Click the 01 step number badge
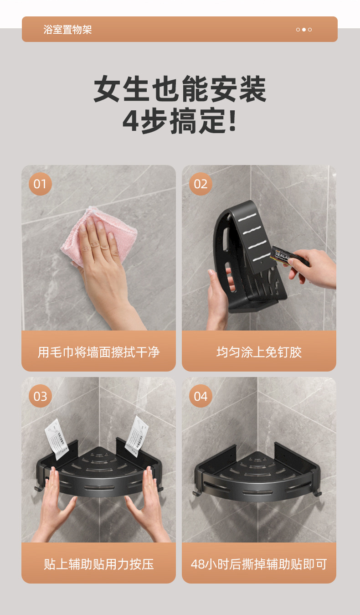click(x=40, y=184)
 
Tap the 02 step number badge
click(x=201, y=184)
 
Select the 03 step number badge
click(x=40, y=396)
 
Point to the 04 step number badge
click(x=201, y=396)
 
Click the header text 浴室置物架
click(x=68, y=30)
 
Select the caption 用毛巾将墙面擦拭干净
click(x=98, y=352)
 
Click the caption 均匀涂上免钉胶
click(x=259, y=352)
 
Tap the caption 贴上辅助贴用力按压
click(x=98, y=564)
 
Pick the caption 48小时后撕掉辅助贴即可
click(x=259, y=564)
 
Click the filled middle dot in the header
click(x=304, y=30)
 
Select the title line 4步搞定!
click(x=180, y=121)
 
